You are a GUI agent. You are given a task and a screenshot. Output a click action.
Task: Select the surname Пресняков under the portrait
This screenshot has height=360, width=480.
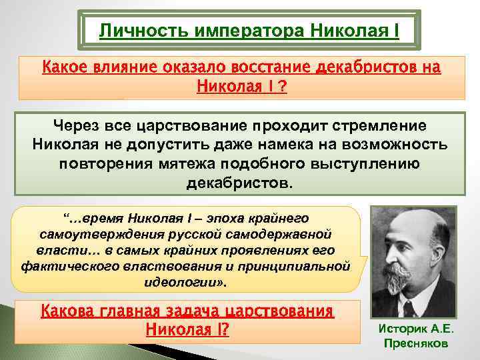point(417,343)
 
